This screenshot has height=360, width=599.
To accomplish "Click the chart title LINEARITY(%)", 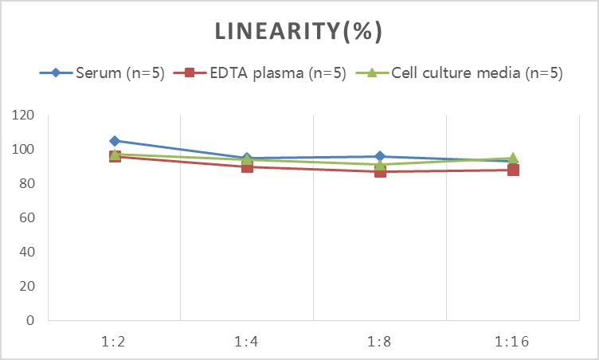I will coord(299,31).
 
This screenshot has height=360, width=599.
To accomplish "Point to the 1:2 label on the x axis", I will coord(115,342).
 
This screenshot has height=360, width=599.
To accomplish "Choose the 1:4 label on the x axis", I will coord(247,342).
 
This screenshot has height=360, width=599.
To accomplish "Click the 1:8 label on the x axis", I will coord(380,342).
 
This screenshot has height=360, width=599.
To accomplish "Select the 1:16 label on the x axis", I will coord(512,342).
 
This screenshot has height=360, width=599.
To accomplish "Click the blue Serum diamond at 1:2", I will coord(115,141).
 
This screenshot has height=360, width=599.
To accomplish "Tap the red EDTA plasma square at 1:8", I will coord(380,171).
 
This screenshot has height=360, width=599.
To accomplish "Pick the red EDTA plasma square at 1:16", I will coord(513,170).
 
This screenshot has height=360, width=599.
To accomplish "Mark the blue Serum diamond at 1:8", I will coord(380,156).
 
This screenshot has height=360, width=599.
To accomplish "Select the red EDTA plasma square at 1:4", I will coord(247,166).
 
